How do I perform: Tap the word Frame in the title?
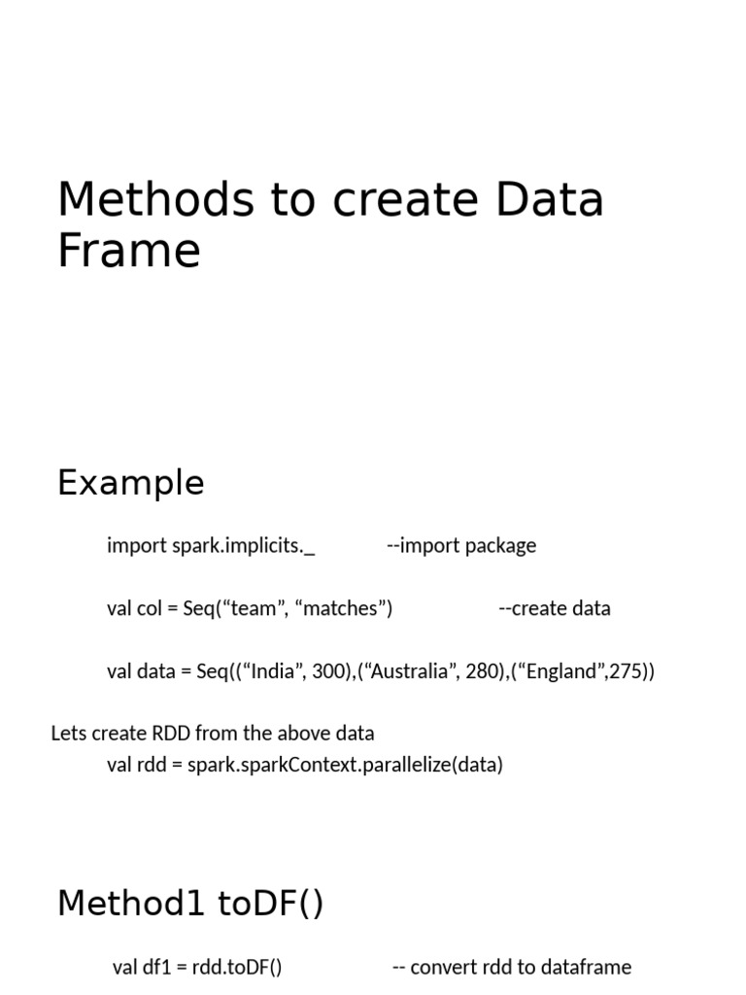click(x=129, y=251)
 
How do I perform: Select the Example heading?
click(x=131, y=483)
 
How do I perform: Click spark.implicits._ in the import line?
click(x=243, y=546)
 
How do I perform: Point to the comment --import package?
click(x=461, y=546)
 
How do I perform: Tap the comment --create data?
click(x=555, y=609)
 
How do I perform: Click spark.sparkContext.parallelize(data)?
click(x=345, y=765)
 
